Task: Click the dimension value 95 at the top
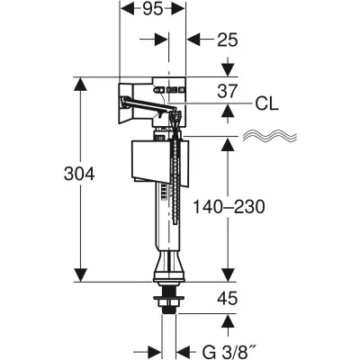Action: point(153,12)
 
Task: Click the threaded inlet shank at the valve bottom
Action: point(168,310)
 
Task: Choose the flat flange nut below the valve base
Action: point(168,294)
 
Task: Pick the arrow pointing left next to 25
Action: point(193,40)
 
